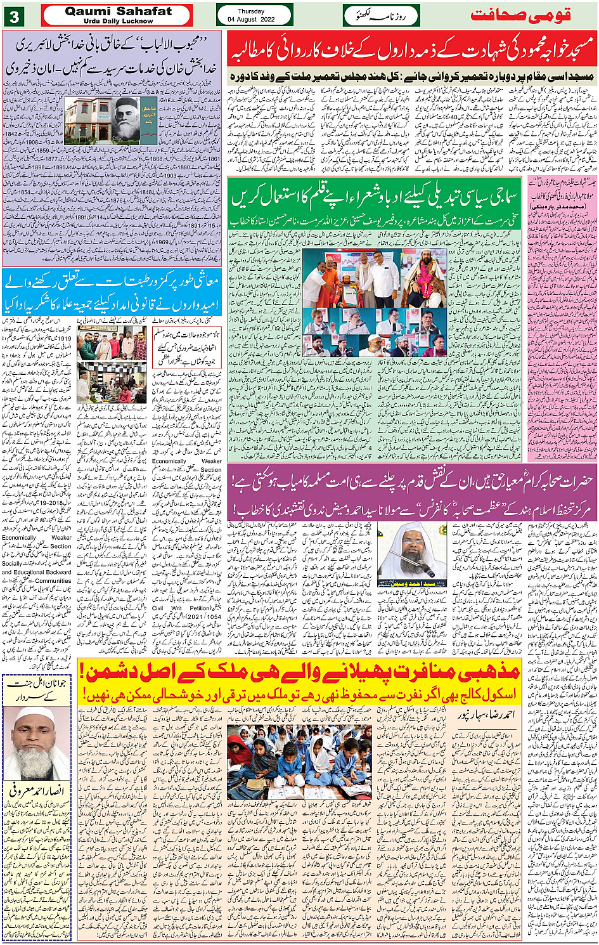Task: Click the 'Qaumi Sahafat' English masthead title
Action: point(118,11)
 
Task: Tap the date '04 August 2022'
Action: point(254,20)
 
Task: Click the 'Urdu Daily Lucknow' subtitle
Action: point(118,21)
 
